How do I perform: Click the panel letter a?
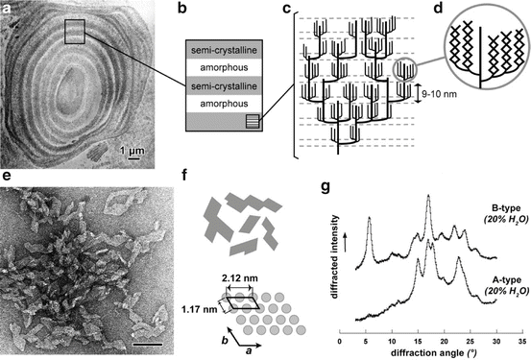pyautogui.click(x=10, y=11)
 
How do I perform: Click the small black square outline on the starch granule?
pyautogui.click(x=79, y=32)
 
